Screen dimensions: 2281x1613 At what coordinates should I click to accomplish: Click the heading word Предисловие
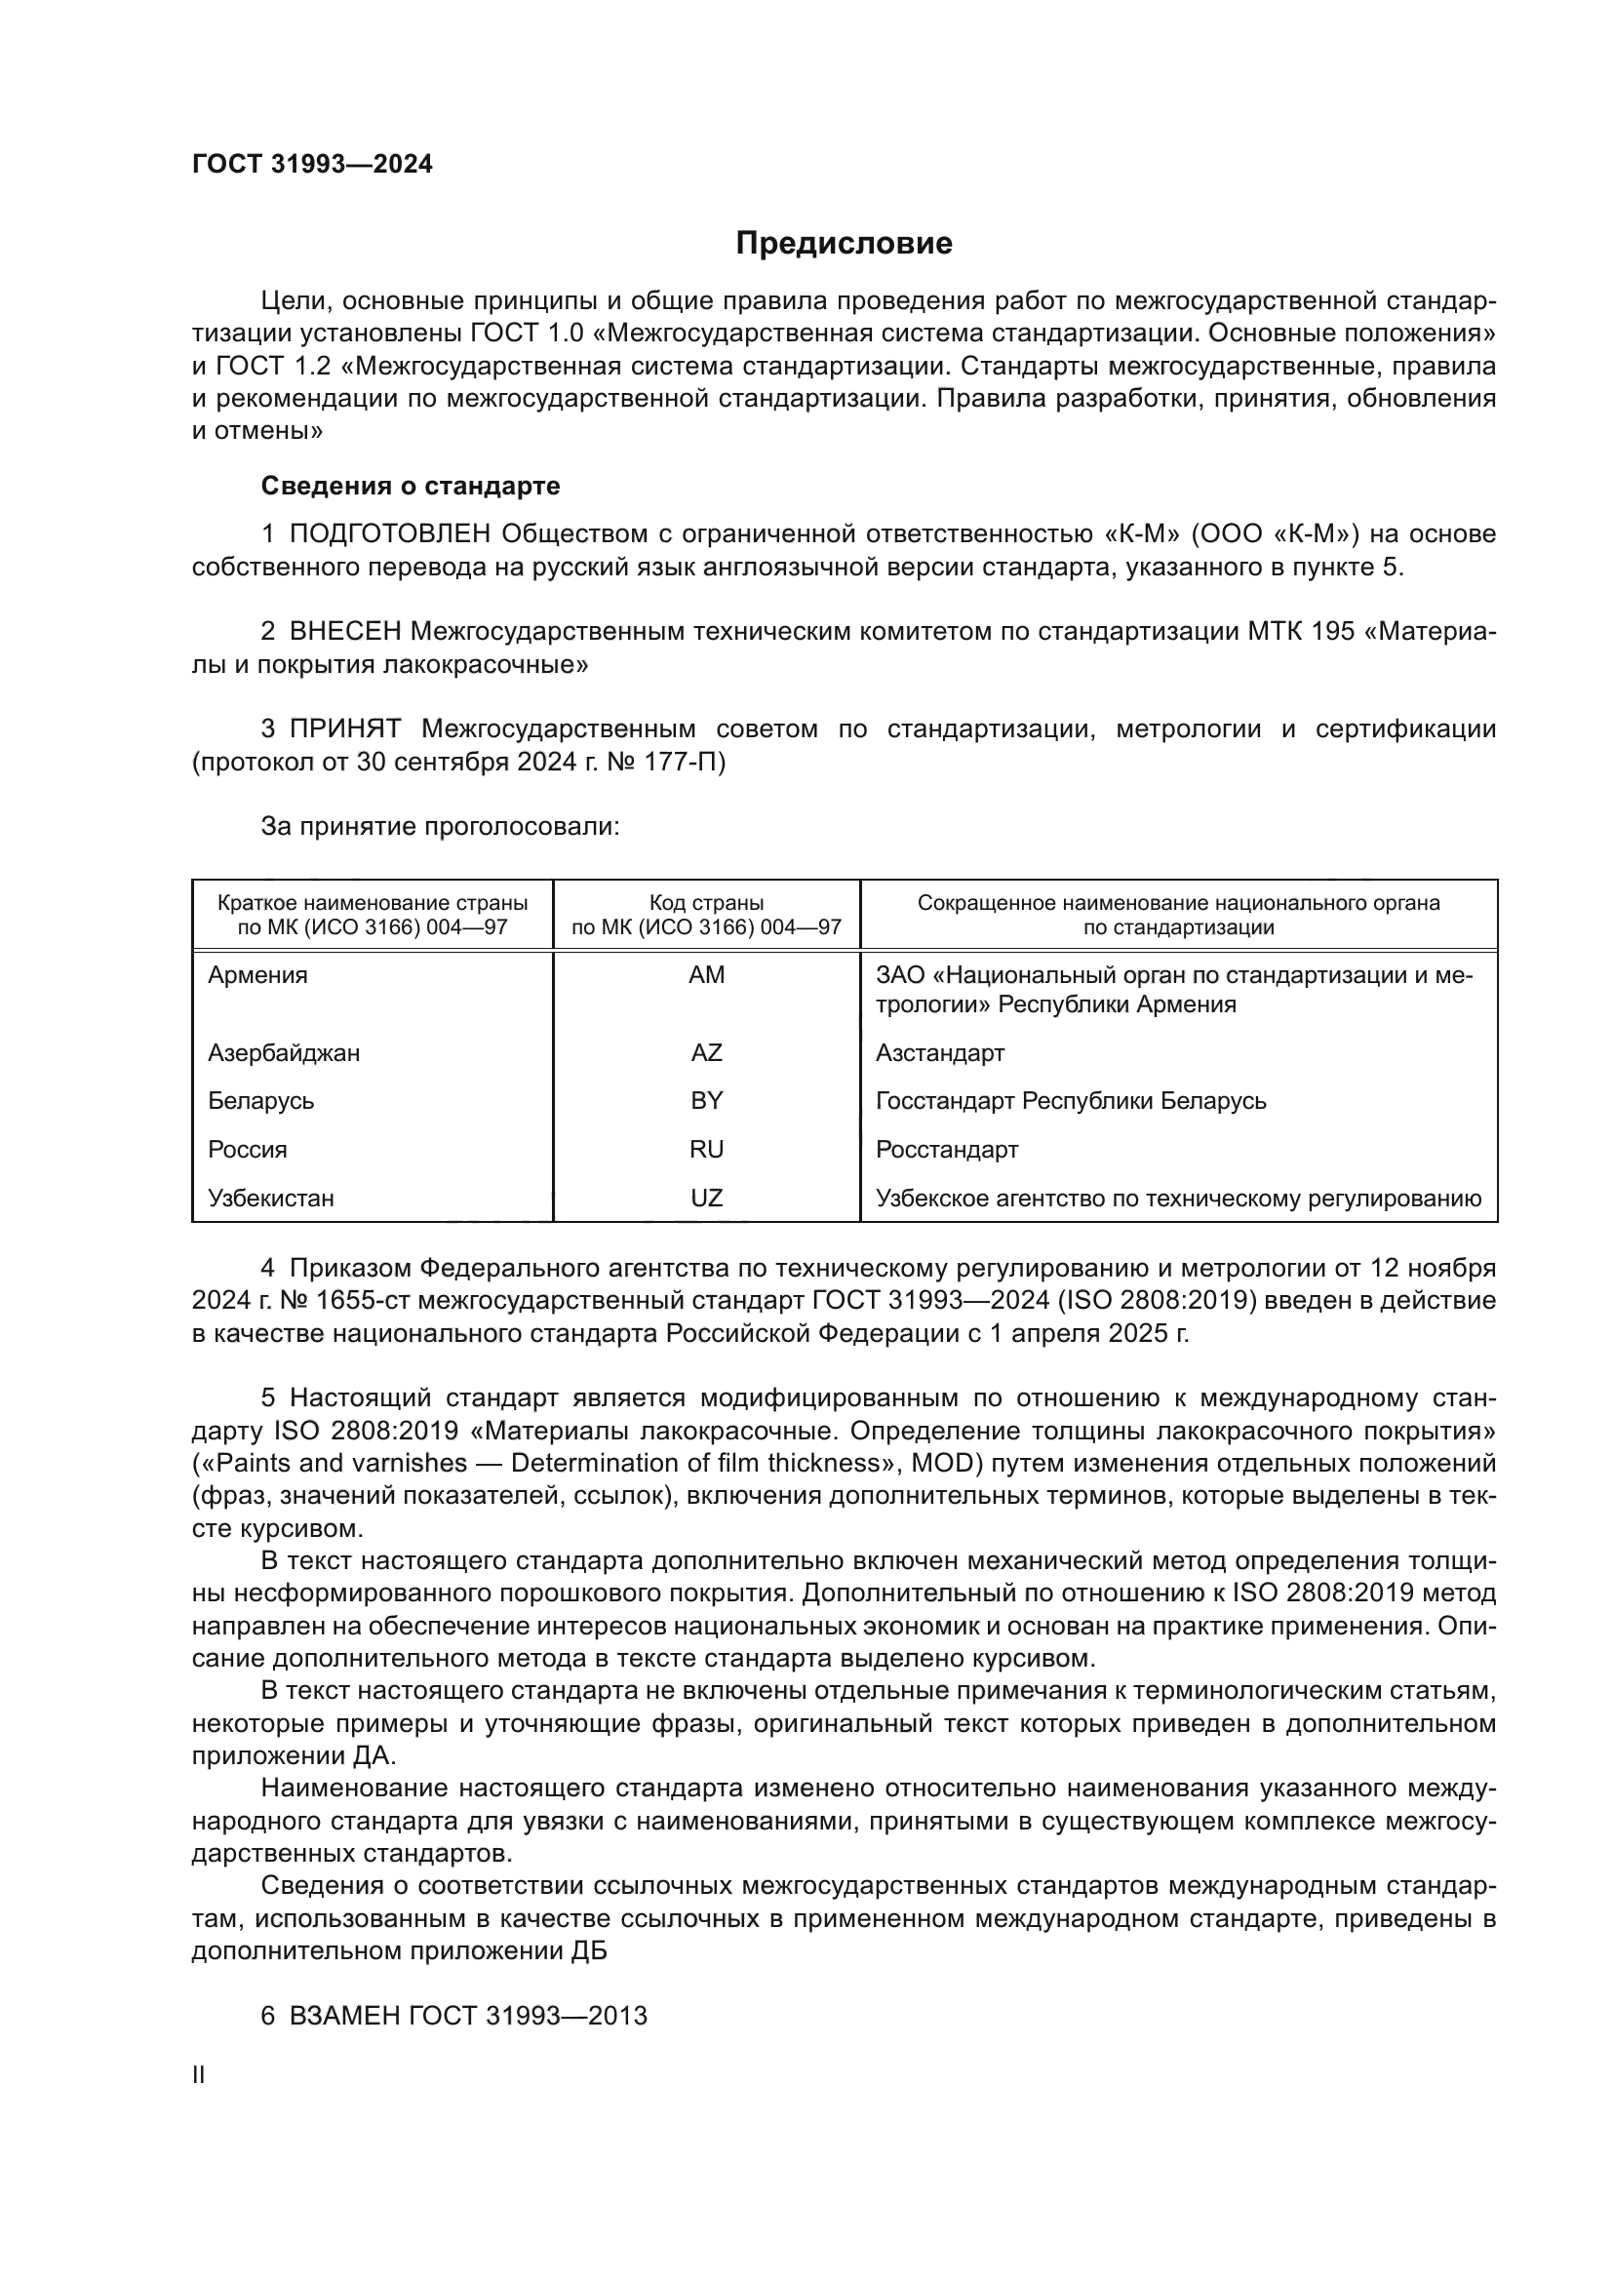point(844,244)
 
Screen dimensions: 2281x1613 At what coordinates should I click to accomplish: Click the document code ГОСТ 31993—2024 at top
point(312,165)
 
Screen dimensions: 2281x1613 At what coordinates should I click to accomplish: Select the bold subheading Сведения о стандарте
point(410,486)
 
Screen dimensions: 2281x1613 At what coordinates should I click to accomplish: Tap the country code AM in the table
point(706,974)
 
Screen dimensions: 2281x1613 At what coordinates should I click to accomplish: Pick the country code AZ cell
point(706,1052)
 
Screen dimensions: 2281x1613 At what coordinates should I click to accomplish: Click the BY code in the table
point(706,1101)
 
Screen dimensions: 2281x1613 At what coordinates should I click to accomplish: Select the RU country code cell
point(706,1150)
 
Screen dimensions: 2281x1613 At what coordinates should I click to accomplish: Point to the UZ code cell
point(706,1199)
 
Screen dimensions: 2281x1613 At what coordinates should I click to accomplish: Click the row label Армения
point(257,974)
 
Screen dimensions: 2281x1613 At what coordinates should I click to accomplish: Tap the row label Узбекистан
point(270,1199)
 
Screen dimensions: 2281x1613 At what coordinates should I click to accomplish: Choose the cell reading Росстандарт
point(947,1150)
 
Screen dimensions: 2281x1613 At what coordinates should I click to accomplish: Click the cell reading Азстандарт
point(939,1052)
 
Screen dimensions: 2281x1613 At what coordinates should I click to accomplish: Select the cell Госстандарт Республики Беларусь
point(1071,1101)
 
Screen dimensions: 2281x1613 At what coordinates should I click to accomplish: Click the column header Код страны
point(706,903)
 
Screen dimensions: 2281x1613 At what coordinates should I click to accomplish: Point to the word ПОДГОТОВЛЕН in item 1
point(389,534)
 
